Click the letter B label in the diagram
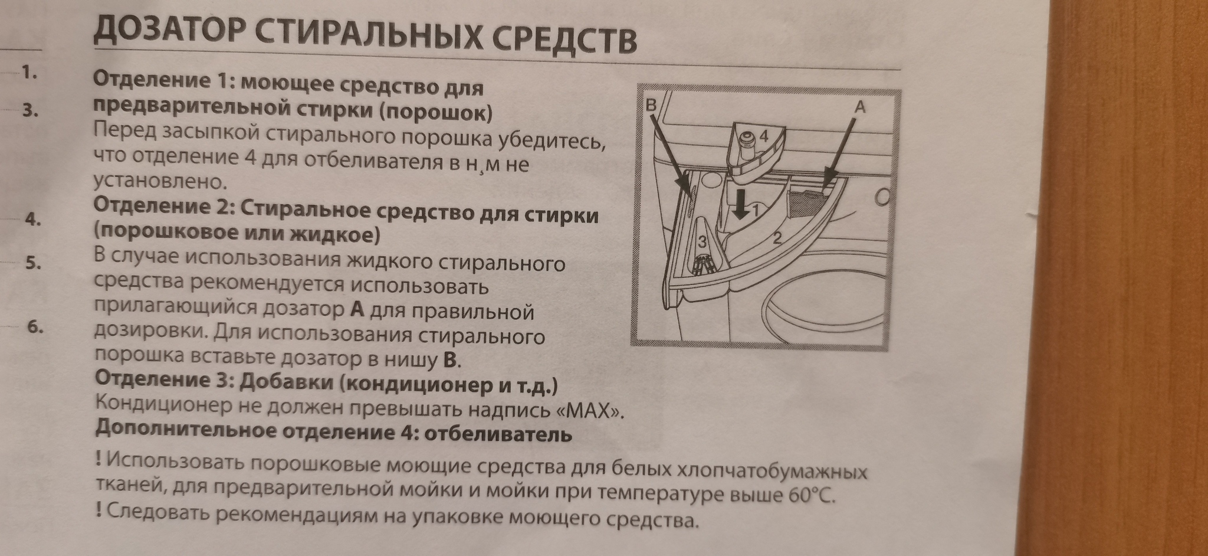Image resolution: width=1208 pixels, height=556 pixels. click(x=651, y=105)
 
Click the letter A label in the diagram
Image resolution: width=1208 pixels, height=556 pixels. click(x=859, y=107)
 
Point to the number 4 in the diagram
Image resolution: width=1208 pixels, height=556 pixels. click(x=763, y=136)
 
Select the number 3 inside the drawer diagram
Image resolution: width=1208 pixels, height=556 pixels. click(x=702, y=241)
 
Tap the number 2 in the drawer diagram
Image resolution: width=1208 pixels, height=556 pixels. click(x=777, y=238)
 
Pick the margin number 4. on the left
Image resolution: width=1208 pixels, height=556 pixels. click(x=33, y=220)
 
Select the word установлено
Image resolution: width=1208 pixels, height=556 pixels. click(x=159, y=181)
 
